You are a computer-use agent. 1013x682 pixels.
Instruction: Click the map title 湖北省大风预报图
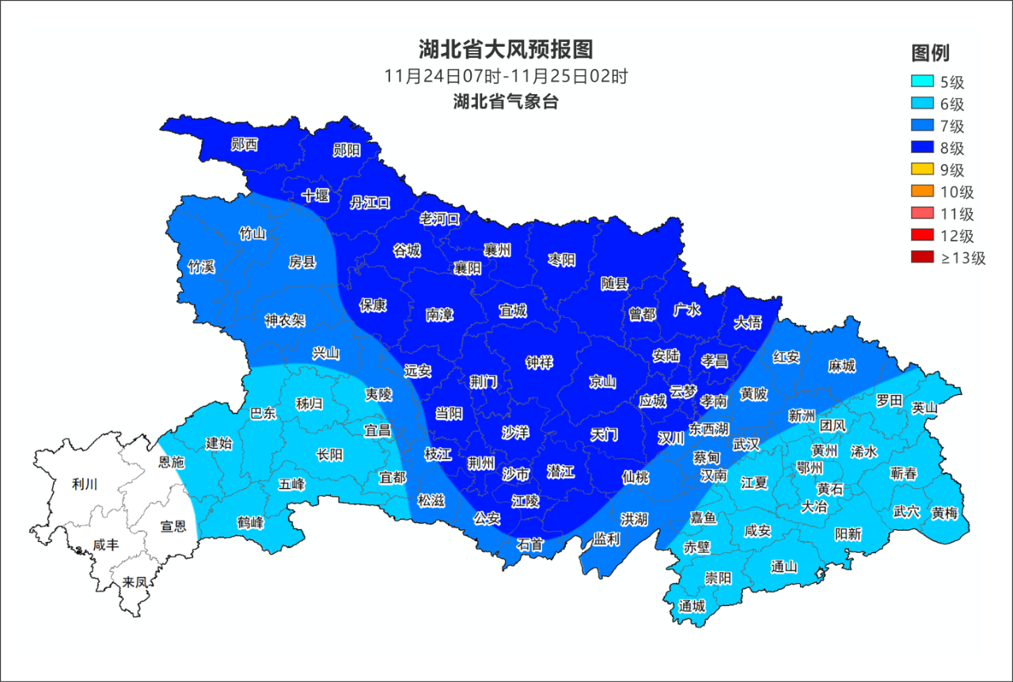(x=506, y=50)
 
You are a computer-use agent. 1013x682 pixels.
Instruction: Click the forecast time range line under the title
(x=506, y=77)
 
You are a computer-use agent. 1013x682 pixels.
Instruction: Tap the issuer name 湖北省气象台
(x=506, y=102)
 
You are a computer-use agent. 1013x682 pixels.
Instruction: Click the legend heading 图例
(x=930, y=53)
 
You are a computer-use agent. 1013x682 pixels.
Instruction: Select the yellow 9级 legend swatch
(x=922, y=169)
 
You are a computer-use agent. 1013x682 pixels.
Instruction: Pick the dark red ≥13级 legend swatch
(x=922, y=257)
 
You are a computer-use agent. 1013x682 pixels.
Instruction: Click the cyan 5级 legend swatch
(x=922, y=81)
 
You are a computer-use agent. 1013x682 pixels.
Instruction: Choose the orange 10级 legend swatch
(x=922, y=191)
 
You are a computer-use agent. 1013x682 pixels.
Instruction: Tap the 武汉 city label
(x=746, y=445)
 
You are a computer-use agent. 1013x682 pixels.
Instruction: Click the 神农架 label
(x=285, y=320)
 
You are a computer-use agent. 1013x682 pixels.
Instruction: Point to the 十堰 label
(x=316, y=195)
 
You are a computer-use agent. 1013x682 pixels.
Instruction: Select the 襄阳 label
(x=468, y=268)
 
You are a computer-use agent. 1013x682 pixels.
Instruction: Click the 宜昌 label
(x=377, y=430)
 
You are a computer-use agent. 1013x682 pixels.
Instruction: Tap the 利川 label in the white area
(x=85, y=484)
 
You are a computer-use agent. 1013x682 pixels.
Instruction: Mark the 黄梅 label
(x=944, y=513)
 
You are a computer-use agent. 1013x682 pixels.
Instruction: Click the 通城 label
(x=692, y=606)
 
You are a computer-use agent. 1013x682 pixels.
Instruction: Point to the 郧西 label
(x=244, y=144)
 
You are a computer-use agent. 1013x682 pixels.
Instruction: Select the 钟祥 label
(x=540, y=362)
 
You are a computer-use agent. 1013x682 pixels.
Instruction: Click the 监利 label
(x=607, y=539)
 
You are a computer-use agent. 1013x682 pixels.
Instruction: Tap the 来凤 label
(x=135, y=582)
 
